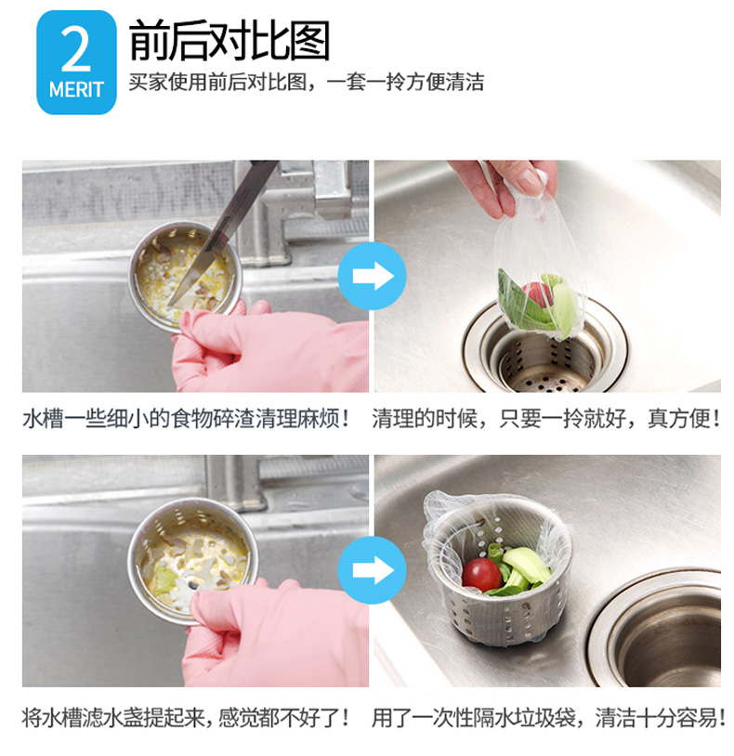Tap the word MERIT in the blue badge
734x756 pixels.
click(x=76, y=90)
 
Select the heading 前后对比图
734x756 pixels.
click(x=229, y=41)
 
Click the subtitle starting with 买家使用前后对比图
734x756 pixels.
click(x=307, y=82)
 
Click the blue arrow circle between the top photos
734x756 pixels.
click(x=373, y=276)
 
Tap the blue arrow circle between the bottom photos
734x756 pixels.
click(x=373, y=570)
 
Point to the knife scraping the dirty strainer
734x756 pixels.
click(x=222, y=231)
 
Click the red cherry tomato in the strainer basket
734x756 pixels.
click(x=480, y=574)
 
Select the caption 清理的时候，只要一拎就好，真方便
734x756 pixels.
click(x=546, y=418)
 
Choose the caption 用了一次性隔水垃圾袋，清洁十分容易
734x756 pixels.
click(x=548, y=717)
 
